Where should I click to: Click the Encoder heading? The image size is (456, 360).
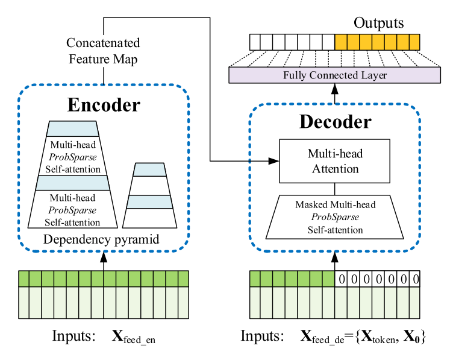(103, 105)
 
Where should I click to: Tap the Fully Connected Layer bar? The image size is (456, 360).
(334, 75)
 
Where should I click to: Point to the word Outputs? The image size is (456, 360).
(378, 24)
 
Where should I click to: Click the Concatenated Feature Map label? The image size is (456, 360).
(103, 51)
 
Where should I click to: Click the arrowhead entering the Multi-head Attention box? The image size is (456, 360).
(274, 161)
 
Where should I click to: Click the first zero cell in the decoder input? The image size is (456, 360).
(342, 279)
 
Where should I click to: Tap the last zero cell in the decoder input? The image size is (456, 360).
(414, 279)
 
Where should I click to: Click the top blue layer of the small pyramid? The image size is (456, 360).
(149, 169)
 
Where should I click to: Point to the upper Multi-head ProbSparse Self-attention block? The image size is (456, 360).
(72, 156)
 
